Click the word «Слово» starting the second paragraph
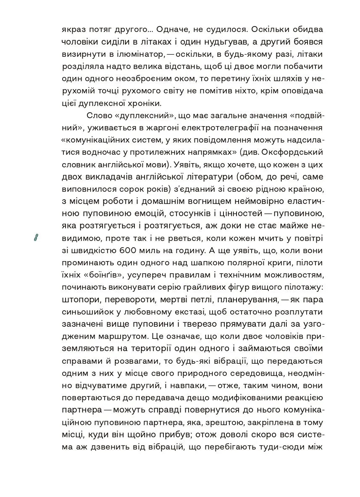click(98, 116)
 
